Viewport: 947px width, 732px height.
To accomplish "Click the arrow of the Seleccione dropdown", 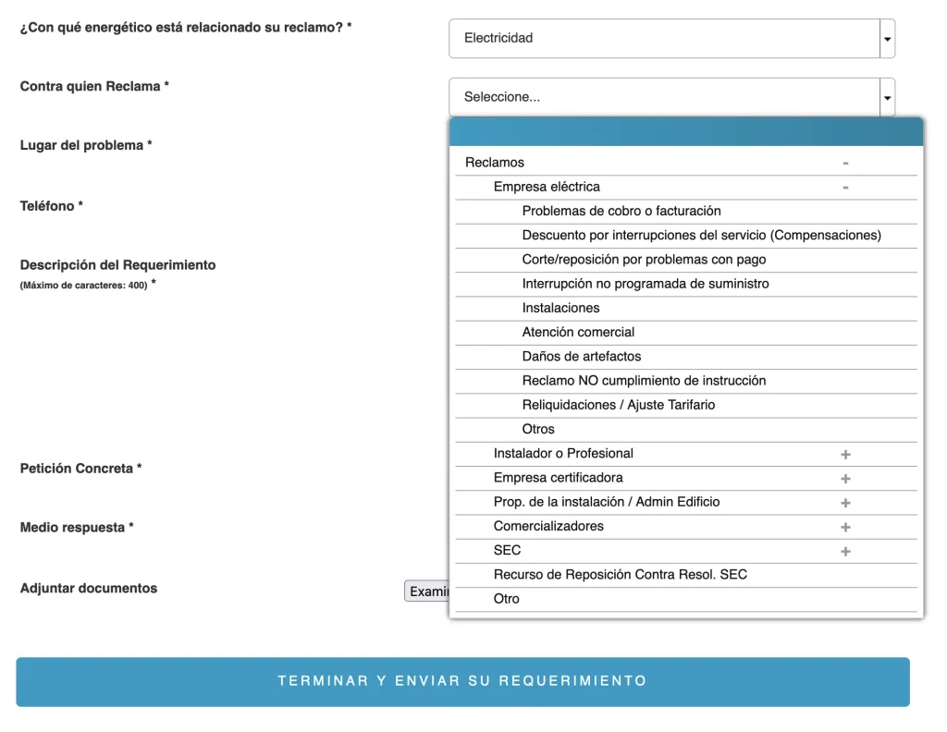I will [x=888, y=97].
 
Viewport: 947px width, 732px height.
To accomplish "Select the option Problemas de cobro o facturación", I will [x=621, y=211].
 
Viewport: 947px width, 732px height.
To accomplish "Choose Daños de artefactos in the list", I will [x=582, y=356].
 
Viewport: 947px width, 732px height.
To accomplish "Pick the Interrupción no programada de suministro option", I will [x=646, y=284].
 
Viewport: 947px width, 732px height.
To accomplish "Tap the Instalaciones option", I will [x=561, y=308].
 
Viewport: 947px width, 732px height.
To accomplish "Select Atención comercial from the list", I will [x=578, y=332].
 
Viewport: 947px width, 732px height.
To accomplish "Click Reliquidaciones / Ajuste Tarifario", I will [x=619, y=405].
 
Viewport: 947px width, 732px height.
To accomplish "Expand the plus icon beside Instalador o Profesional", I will [x=845, y=455].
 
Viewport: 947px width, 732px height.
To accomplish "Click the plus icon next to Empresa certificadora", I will [x=845, y=479].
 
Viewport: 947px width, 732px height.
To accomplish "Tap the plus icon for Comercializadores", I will [x=845, y=527].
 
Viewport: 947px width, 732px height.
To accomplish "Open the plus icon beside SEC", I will [x=845, y=552].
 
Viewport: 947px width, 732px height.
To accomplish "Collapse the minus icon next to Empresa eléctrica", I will [x=845, y=188].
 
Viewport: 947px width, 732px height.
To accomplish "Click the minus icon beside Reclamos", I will [x=845, y=164].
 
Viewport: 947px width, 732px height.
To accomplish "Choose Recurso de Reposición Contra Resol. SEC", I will [x=621, y=575].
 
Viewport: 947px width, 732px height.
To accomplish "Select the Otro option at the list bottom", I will [x=507, y=599].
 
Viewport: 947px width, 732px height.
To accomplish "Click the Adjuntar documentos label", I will [x=89, y=588].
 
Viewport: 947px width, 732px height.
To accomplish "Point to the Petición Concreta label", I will [x=80, y=469].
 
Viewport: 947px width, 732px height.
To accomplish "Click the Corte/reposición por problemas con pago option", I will [x=644, y=260].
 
